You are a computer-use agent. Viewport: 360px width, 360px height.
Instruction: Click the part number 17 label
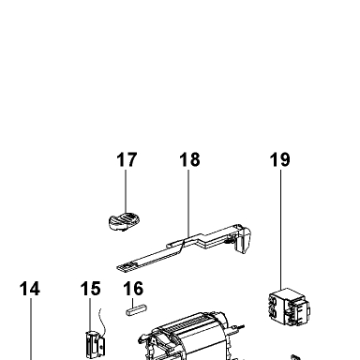[127, 159]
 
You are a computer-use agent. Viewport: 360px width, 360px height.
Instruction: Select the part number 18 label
[189, 159]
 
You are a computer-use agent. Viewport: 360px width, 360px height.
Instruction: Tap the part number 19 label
[280, 159]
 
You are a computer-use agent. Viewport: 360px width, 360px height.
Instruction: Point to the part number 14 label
[30, 289]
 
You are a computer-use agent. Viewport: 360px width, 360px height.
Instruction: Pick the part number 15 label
[91, 289]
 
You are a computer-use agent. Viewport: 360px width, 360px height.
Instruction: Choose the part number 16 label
[133, 289]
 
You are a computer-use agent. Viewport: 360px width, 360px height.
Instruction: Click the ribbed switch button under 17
[124, 221]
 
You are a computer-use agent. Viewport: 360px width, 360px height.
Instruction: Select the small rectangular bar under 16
[136, 309]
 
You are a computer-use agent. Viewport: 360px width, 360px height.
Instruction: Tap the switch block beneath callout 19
[289, 307]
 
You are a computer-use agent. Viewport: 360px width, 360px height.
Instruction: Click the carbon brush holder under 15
[95, 345]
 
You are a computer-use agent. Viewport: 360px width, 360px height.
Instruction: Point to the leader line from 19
[280, 230]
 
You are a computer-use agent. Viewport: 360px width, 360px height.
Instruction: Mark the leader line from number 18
[188, 203]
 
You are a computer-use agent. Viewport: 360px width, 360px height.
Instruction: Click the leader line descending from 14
[31, 329]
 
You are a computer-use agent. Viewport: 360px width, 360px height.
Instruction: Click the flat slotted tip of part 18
[127, 266]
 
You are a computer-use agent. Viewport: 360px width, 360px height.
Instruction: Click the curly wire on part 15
[103, 322]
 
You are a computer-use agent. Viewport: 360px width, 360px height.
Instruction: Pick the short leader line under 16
[133, 303]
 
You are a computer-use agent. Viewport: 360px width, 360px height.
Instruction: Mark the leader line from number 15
[90, 315]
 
